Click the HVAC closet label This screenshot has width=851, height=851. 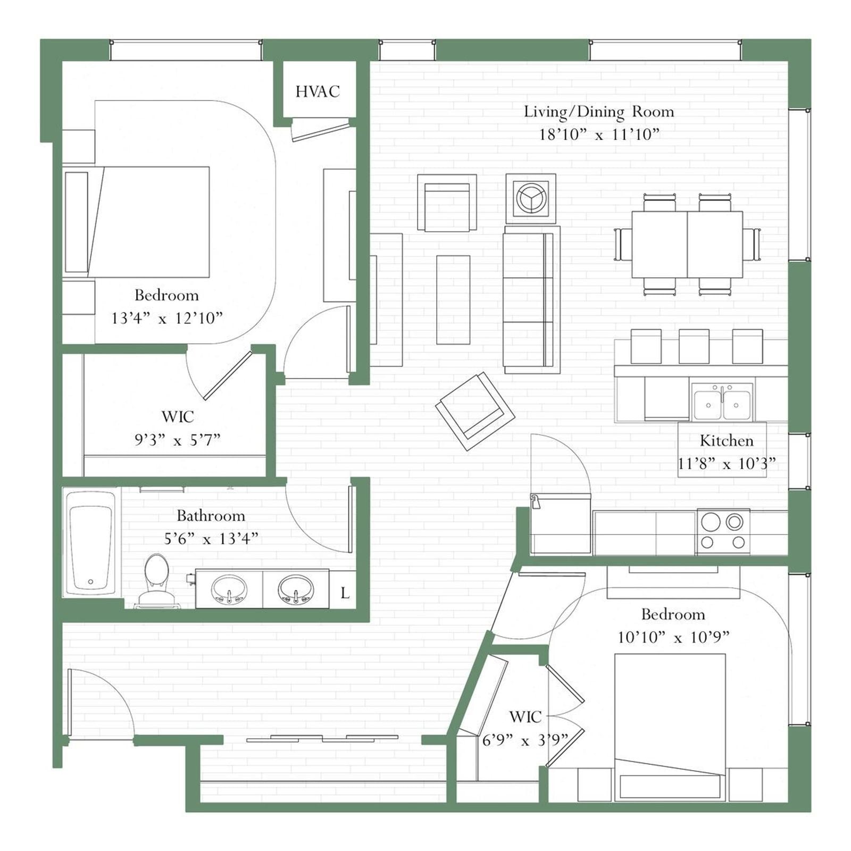(318, 91)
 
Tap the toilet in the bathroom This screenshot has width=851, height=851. (157, 580)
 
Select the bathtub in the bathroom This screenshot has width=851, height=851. (91, 543)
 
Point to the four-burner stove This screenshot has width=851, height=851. (723, 531)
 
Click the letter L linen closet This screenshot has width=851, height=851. (345, 593)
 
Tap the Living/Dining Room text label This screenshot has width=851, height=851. (599, 112)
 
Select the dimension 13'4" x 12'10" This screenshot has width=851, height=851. (166, 318)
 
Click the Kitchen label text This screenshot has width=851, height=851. (726, 440)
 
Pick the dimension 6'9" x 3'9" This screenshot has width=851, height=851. (525, 740)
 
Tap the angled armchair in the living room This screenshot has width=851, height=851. (475, 411)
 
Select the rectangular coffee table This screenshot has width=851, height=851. (453, 299)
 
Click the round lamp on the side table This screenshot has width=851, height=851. (531, 198)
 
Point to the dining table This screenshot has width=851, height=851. (687, 244)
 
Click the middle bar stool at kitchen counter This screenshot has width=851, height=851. (694, 346)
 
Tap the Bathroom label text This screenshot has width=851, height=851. (211, 515)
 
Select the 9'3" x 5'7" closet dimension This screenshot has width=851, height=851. (177, 440)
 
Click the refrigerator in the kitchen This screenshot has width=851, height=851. (561, 524)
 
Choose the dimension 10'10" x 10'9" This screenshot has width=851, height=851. (673, 637)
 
